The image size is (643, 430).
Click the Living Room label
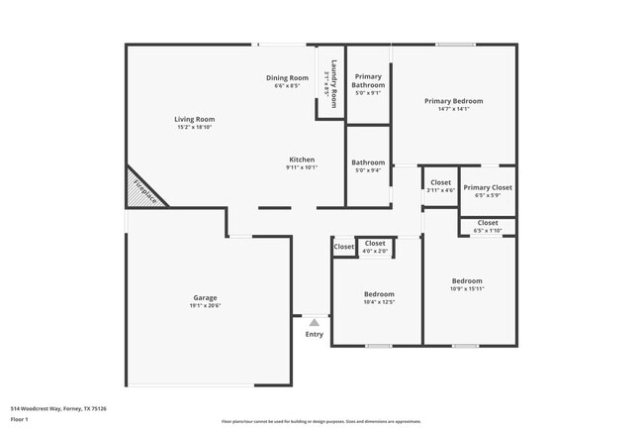point(195,119)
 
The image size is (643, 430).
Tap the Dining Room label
point(287,77)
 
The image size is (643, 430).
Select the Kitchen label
point(302,160)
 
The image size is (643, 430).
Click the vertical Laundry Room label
point(334,85)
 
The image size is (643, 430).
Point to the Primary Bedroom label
point(453,101)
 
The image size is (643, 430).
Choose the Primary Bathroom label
point(368,81)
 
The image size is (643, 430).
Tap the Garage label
point(205,297)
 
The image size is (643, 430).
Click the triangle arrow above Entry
point(314,322)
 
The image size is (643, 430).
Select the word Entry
point(314,334)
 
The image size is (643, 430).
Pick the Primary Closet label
point(488,187)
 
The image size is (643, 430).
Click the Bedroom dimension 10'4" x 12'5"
point(379,302)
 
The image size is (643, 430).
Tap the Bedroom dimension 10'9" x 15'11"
point(468,288)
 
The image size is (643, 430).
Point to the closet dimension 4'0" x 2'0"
point(375,251)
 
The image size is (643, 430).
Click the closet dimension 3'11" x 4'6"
point(440,190)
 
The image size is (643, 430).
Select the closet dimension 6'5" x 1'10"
point(488,231)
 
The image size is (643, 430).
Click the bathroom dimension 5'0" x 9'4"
point(368,170)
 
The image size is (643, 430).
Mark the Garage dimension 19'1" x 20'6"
point(205,305)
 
